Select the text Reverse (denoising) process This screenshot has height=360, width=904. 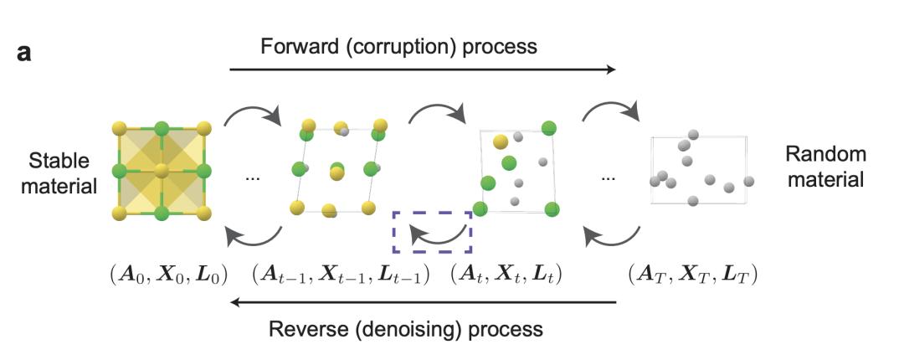[x=406, y=327]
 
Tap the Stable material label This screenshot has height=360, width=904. [x=60, y=171]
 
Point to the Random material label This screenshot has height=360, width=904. [x=824, y=167]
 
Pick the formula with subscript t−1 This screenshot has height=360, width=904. [x=341, y=275]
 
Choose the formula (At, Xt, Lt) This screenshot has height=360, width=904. [x=506, y=275]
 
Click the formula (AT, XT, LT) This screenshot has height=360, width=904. [x=692, y=275]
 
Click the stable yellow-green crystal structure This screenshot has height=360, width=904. [x=161, y=172]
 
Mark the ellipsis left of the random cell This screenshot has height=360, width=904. [x=609, y=178]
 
